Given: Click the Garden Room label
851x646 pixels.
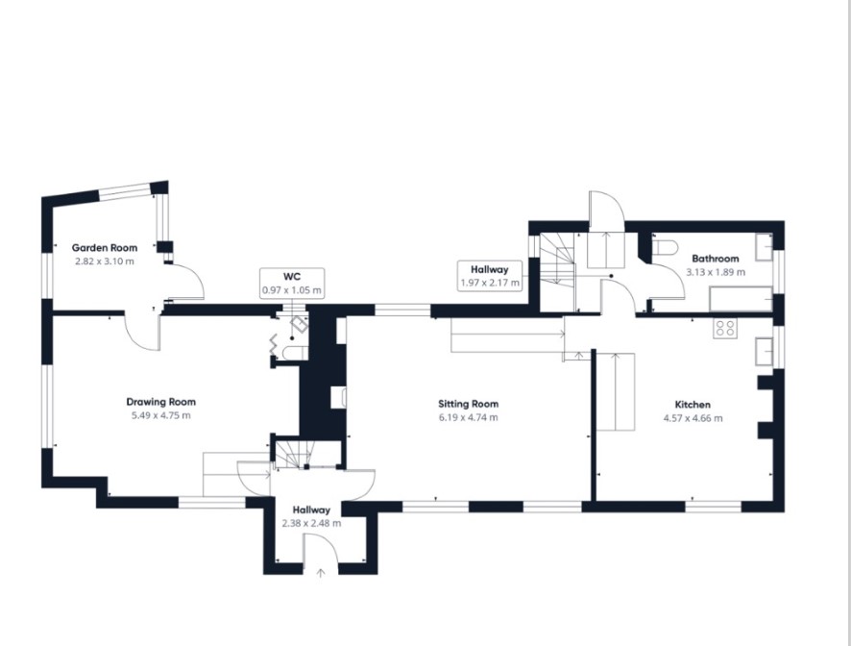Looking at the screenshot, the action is coord(105,248).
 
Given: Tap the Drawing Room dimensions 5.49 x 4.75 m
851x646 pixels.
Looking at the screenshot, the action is coord(161,415).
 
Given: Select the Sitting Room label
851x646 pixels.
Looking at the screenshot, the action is coord(469,404).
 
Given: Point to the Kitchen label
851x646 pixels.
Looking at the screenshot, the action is coord(693,404).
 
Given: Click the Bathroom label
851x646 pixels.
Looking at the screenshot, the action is coord(716,259).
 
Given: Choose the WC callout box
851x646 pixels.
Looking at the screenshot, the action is coord(292,283).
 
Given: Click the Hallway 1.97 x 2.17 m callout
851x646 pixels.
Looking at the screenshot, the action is coord(490,276).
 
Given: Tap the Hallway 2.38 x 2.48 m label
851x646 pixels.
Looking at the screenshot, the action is coord(311,516).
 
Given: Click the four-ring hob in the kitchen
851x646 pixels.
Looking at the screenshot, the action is coord(725,328).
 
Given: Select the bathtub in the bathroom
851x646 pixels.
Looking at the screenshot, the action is coord(741,299).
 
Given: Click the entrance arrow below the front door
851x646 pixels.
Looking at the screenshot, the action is coord(321,573).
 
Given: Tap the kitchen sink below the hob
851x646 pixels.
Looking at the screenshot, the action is coord(765,351).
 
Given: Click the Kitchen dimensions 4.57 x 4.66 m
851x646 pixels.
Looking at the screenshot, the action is coord(693,418).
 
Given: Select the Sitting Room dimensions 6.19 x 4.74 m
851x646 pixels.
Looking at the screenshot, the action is coord(469,418).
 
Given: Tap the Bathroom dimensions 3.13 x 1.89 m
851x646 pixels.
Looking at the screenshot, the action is coord(716,272).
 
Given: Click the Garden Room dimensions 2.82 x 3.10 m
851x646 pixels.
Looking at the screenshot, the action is coord(105,261).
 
